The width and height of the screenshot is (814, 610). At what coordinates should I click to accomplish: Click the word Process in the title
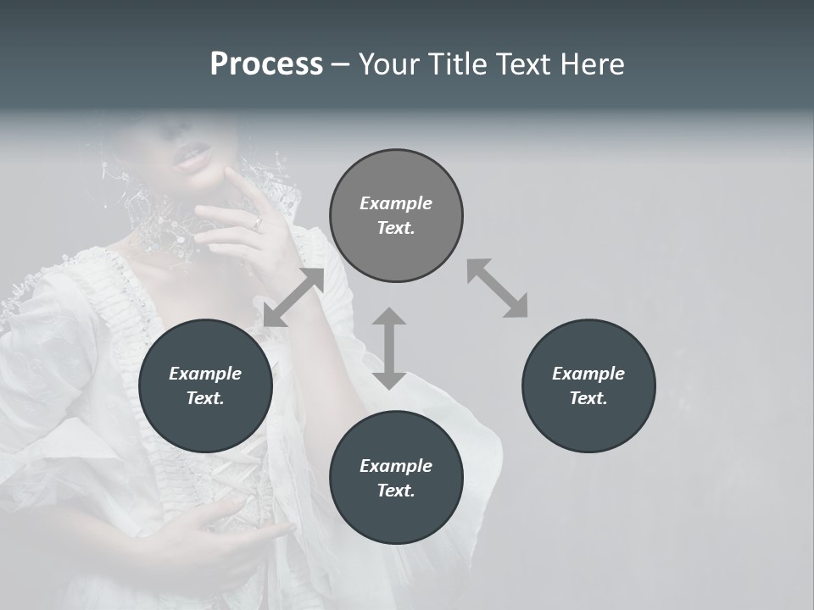click(x=266, y=64)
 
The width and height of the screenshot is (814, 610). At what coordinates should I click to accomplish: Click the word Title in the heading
click(x=455, y=64)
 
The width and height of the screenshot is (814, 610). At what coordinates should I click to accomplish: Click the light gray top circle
click(x=396, y=216)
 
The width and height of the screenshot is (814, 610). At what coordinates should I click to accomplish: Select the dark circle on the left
click(x=205, y=385)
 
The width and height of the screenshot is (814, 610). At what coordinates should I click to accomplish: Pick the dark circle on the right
click(x=588, y=385)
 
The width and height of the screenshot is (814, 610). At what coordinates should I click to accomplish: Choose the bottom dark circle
click(x=396, y=478)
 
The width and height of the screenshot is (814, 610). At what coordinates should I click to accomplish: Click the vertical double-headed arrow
click(x=389, y=348)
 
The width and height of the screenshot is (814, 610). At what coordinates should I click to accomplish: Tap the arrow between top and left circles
click(x=293, y=297)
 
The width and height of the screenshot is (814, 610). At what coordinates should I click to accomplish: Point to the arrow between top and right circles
click(x=497, y=288)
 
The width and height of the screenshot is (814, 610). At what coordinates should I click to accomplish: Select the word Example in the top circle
click(x=396, y=203)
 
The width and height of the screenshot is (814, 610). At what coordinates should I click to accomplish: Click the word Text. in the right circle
click(x=588, y=398)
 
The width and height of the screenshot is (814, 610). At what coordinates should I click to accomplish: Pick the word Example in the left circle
click(x=205, y=374)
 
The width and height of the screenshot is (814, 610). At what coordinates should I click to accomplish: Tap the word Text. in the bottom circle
click(x=396, y=491)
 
